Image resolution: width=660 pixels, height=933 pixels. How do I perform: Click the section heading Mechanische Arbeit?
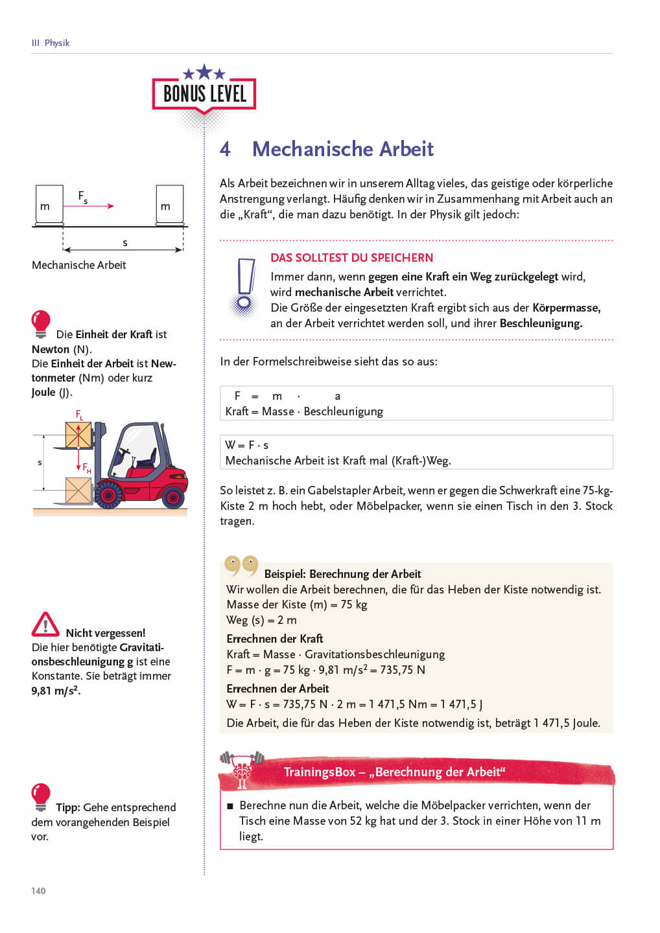342,149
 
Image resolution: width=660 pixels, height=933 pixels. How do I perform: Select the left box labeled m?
49,204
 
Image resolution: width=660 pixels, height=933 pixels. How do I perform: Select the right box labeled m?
169,204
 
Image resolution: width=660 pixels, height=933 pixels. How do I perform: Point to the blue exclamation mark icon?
244,285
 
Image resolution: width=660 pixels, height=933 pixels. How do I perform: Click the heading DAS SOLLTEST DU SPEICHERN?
351,257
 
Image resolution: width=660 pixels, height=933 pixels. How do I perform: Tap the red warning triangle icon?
45,625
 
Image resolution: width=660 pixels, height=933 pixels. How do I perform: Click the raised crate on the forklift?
78,435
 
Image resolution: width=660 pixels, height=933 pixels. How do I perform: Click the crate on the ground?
78,490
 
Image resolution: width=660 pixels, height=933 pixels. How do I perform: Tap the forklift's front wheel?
108,494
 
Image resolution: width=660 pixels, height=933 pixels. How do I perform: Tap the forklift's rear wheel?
173,497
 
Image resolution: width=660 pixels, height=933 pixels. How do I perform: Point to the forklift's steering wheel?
124,452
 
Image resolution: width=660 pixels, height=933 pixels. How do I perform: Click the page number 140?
38,891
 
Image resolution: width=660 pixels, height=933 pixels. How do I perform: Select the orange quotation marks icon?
241,565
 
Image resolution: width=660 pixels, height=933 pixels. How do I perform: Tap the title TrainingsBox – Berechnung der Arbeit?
394,772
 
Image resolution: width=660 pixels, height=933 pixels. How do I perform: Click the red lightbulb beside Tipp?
41,796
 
